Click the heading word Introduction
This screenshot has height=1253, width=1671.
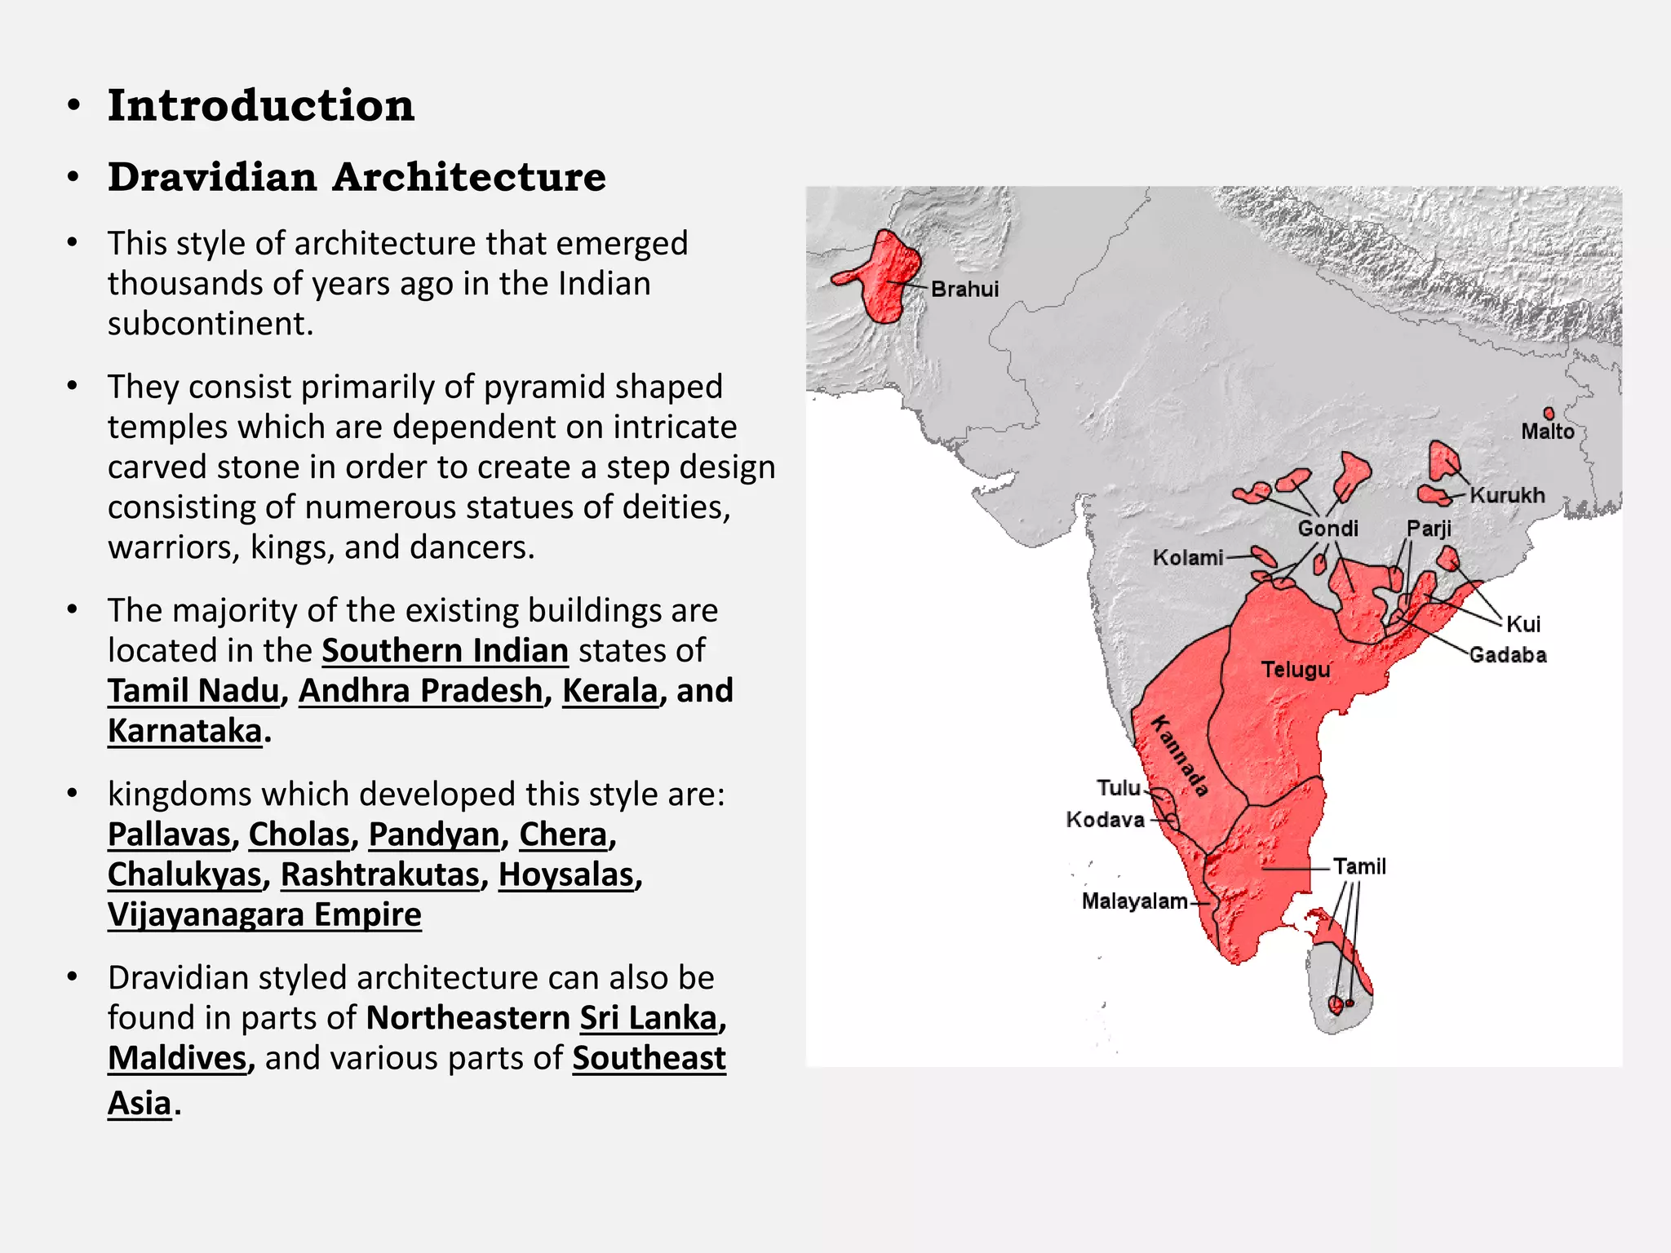[261, 106]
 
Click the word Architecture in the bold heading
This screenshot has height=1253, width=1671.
[469, 177]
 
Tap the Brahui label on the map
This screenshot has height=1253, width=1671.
[964, 289]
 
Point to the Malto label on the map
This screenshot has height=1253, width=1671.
[1547, 432]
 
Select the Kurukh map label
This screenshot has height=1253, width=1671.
[1507, 495]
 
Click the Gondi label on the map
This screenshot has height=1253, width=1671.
[1327, 529]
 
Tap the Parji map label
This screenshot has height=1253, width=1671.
[1429, 529]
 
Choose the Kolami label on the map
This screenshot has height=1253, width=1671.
[1188, 558]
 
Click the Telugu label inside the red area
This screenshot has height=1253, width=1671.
[1296, 670]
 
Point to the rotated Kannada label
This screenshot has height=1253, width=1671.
[1179, 755]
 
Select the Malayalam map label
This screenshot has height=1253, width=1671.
[1134, 901]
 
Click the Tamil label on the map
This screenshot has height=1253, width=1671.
[1359, 866]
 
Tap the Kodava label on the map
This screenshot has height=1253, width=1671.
[1106, 820]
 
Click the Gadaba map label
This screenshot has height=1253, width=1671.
[1508, 655]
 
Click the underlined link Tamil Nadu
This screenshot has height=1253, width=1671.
[194, 691]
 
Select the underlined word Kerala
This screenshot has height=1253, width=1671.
[609, 691]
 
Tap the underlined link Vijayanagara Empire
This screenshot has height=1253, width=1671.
[264, 914]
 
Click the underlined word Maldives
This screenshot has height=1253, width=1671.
[177, 1058]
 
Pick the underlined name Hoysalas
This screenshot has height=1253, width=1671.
[566, 874]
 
